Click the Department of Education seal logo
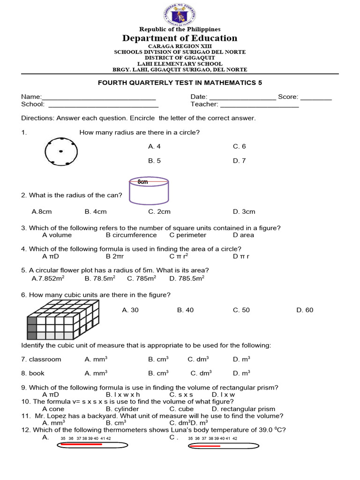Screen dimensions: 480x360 pyautogui.click(x=180, y=14)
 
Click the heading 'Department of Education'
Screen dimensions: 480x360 pyautogui.click(x=180, y=38)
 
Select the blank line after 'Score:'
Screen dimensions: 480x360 pyautogui.click(x=316, y=97)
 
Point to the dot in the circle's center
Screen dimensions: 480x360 pyautogui.click(x=61, y=151)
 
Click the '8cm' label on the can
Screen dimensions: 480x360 pyautogui.click(x=142, y=181)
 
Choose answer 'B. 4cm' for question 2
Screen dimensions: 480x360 pyautogui.click(x=96, y=211)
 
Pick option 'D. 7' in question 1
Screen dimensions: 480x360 pyautogui.click(x=239, y=160)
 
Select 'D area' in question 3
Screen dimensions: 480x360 pyautogui.click(x=243, y=235)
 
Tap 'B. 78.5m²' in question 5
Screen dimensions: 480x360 pyautogui.click(x=100, y=278)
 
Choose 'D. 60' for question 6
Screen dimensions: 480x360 pyautogui.click(x=305, y=310)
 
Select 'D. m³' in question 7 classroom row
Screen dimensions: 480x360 pyautogui.click(x=241, y=359)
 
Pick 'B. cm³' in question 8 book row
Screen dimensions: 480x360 pyautogui.click(x=158, y=373)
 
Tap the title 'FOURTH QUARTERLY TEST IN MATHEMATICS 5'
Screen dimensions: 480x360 pyautogui.click(x=180, y=82)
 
